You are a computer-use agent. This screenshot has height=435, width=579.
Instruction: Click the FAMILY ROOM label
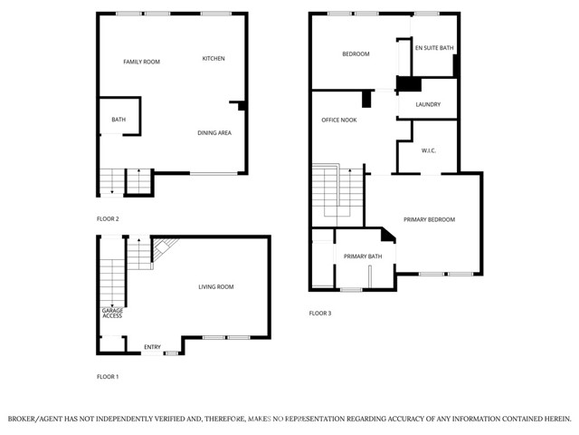141,62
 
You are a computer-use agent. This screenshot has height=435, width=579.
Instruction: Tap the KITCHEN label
214,58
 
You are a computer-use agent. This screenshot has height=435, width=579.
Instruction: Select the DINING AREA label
214,133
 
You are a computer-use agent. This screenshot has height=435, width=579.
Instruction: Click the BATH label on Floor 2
119,120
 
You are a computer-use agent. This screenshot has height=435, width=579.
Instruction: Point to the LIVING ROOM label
216,286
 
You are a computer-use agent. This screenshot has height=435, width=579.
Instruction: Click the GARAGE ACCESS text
112,313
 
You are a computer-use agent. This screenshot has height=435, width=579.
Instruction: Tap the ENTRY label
152,347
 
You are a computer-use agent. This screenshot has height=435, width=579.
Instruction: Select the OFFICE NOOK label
339,120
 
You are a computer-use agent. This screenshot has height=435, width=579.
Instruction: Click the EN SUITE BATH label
434,48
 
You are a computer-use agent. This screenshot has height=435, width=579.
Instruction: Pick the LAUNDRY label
428,104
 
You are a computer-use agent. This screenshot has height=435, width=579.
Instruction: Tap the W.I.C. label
429,150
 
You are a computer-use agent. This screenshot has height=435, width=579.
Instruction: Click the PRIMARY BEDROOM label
429,219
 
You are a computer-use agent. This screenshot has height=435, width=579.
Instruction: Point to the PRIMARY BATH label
363,256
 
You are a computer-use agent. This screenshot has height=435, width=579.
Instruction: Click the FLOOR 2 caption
108,219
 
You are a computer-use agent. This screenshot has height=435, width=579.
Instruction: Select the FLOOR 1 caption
108,377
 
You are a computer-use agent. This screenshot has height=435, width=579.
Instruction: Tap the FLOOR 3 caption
320,314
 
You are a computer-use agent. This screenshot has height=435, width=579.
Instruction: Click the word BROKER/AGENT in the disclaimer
33,419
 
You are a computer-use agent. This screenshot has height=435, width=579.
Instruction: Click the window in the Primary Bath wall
351,290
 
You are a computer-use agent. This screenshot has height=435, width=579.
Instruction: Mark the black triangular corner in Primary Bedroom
387,236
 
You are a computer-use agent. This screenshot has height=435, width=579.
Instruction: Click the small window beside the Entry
171,353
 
